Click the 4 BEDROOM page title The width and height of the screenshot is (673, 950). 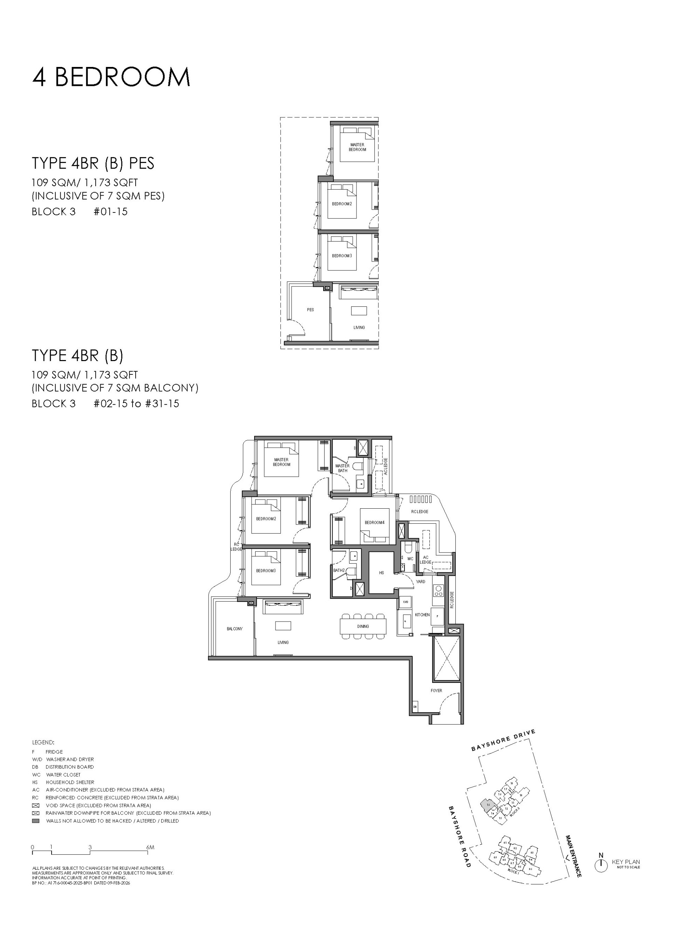coord(111,77)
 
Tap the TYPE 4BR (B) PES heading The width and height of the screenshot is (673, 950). coord(93,163)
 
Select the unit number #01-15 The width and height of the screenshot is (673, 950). coord(111,212)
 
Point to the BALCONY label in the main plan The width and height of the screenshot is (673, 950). coord(234,629)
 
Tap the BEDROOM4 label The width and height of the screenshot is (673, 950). coord(374,523)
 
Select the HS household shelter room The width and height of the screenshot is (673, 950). coord(381,573)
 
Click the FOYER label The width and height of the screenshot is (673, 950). coord(436,691)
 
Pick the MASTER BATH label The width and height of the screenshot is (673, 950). coord(342,468)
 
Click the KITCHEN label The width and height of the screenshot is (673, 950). coord(422,615)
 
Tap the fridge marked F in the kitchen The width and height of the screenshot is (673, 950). coord(437,616)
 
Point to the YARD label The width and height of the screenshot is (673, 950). coord(420,582)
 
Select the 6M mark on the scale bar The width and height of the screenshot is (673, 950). coord(150,848)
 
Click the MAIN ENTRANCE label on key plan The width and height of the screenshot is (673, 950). coord(573,856)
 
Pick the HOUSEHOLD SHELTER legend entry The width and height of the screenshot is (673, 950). coord(70,782)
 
